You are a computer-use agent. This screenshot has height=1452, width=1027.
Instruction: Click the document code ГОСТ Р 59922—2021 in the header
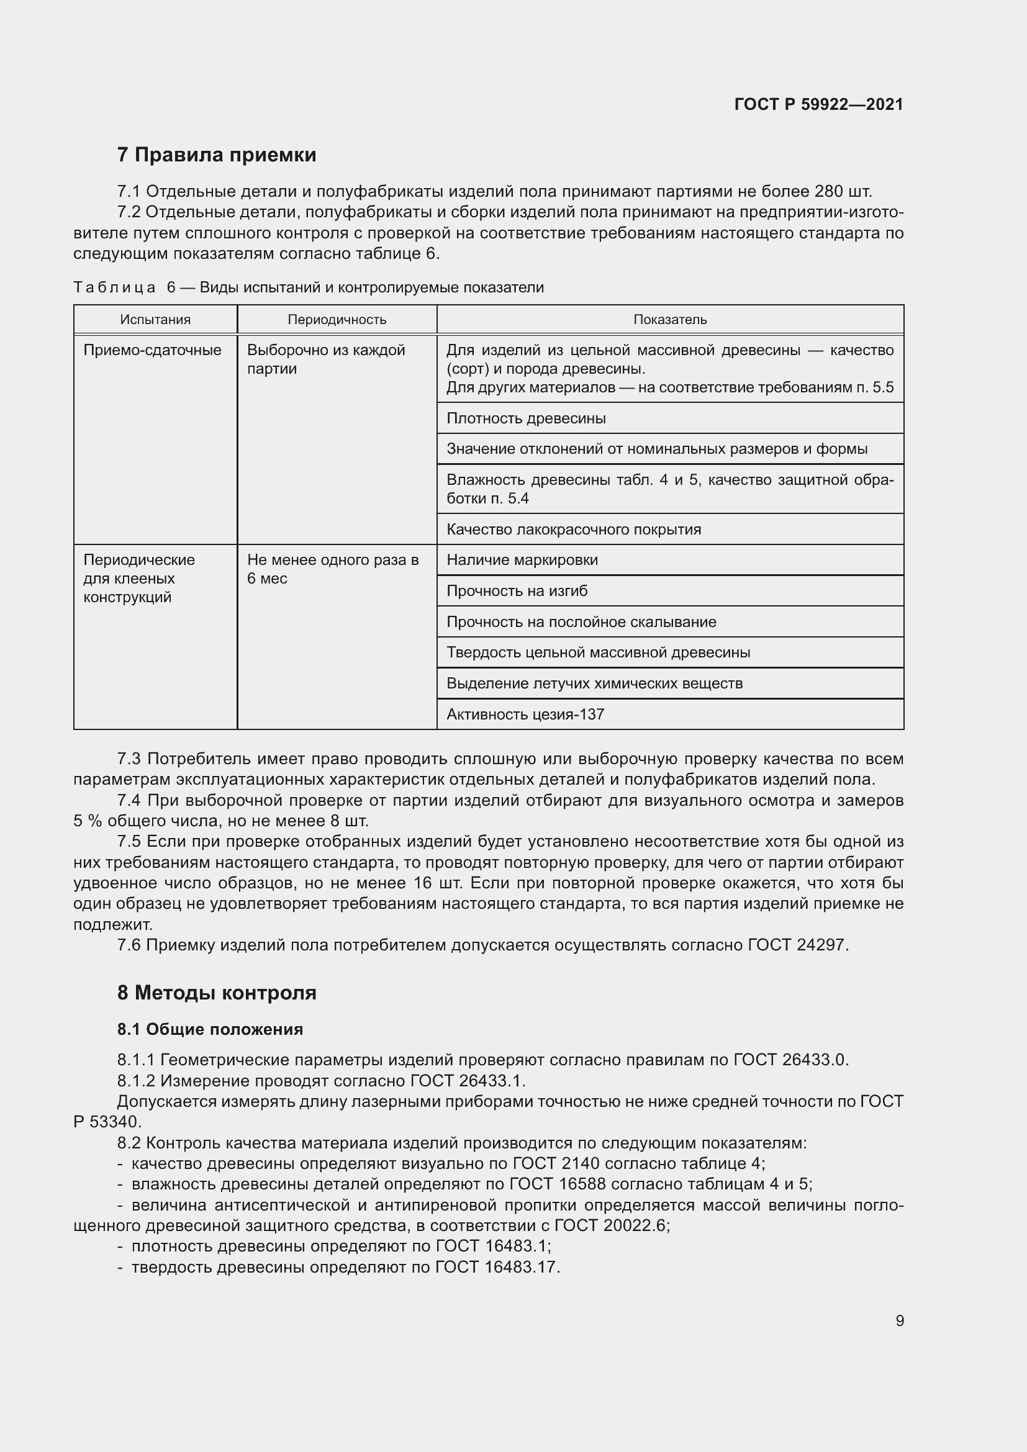pyautogui.click(x=818, y=104)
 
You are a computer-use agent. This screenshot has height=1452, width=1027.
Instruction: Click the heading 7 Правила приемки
pyautogui.click(x=216, y=155)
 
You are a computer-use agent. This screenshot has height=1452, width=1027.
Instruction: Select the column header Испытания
pyautogui.click(x=155, y=320)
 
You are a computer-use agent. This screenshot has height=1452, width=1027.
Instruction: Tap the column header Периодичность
pyautogui.click(x=337, y=320)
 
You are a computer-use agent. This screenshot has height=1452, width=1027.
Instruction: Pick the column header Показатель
pyautogui.click(x=670, y=320)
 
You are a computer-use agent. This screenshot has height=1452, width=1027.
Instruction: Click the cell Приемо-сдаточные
pyautogui.click(x=152, y=350)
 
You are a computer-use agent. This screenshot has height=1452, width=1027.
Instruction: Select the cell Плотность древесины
pyautogui.click(x=526, y=418)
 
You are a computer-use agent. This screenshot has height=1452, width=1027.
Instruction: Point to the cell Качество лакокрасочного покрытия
pyautogui.click(x=574, y=530)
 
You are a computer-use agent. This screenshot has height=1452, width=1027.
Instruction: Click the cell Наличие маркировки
pyautogui.click(x=522, y=561)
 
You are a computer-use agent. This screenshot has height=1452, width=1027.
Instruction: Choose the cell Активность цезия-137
pyautogui.click(x=525, y=715)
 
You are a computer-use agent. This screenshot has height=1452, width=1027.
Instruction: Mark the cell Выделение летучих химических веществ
pyautogui.click(x=594, y=683)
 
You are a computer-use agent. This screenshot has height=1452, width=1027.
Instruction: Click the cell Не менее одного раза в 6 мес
pyautogui.click(x=333, y=569)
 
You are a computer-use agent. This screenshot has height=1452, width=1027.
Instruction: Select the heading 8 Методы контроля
pyautogui.click(x=216, y=993)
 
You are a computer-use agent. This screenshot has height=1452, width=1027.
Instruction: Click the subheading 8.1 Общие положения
pyautogui.click(x=210, y=1029)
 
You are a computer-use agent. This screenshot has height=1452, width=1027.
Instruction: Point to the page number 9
pyautogui.click(x=899, y=1321)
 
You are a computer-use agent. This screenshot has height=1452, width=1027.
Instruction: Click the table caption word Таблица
pyautogui.click(x=114, y=288)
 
